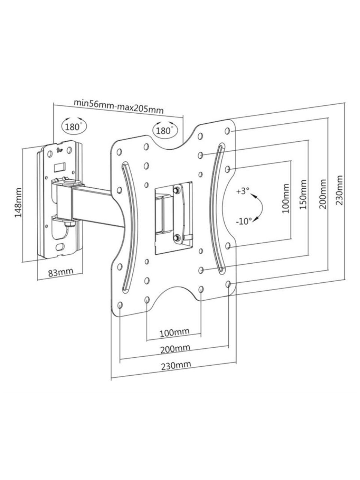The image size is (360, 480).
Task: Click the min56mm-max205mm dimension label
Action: coord(119,107)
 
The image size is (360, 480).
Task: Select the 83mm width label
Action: coord(60,272)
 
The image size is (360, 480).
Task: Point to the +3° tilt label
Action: coord(243,191)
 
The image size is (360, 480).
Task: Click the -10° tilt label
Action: coord(243,221)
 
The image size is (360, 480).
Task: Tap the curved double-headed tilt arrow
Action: coord(262,206)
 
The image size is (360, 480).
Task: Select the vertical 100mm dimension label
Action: coord(285,198)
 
